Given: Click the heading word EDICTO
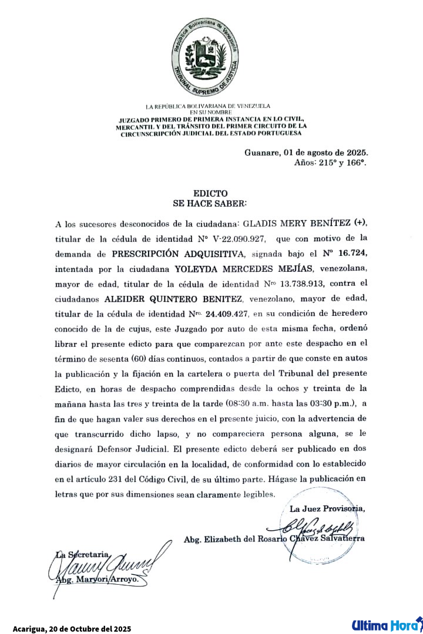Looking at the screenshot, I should tap(210, 193).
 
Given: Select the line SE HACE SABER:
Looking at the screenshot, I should tap(210, 203).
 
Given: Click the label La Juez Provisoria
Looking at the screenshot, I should tap(327, 508).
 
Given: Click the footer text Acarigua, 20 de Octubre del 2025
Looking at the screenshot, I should tap(72, 629).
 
